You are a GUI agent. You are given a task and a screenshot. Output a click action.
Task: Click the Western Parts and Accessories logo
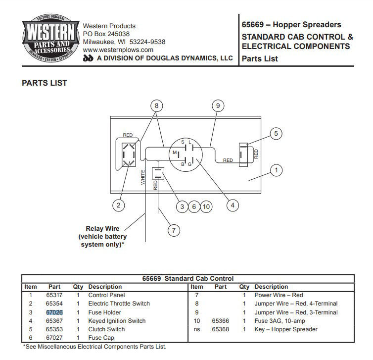(x=49, y=40)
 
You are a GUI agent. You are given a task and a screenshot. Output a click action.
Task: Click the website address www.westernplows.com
(x=118, y=50)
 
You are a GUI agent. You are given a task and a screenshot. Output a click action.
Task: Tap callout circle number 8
(x=157, y=105)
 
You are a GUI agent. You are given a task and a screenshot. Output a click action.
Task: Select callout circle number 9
(x=217, y=105)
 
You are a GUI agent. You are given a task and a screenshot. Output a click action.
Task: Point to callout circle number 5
(x=277, y=133)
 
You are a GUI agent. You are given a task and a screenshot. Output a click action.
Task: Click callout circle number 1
(x=277, y=171)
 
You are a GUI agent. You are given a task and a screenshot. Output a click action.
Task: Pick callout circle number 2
(x=118, y=205)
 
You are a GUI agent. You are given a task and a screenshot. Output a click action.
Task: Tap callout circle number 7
(x=173, y=230)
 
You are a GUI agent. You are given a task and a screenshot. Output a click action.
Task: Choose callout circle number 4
(x=231, y=205)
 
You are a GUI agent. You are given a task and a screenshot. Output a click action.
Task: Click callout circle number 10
(x=206, y=206)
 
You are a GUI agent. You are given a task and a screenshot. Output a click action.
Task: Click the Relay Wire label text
(x=102, y=228)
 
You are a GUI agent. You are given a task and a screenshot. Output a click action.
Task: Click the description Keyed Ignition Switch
(x=117, y=321)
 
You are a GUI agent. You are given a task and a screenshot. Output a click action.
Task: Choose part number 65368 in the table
(x=220, y=329)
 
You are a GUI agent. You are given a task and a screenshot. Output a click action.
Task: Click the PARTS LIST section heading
(x=45, y=83)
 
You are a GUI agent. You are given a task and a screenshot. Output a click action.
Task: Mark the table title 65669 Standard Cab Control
(x=188, y=278)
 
